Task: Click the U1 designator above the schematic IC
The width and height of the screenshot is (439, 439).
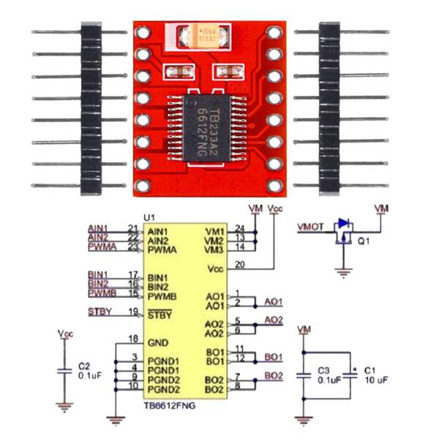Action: pos(149,218)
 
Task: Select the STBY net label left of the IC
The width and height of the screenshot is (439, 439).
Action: pos(99,312)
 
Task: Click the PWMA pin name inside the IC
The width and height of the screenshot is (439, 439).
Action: pos(163,249)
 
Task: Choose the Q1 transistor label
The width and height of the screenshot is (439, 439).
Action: pos(363,239)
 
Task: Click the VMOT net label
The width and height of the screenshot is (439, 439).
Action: pos(310,227)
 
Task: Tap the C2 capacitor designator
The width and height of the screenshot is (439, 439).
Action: pos(84,364)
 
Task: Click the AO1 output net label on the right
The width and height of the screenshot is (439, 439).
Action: pos(274,301)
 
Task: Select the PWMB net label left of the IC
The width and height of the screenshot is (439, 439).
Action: pos(101,293)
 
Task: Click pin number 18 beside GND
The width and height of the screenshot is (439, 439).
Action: pos(132,338)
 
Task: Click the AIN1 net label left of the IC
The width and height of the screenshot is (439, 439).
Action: pos(97,228)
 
